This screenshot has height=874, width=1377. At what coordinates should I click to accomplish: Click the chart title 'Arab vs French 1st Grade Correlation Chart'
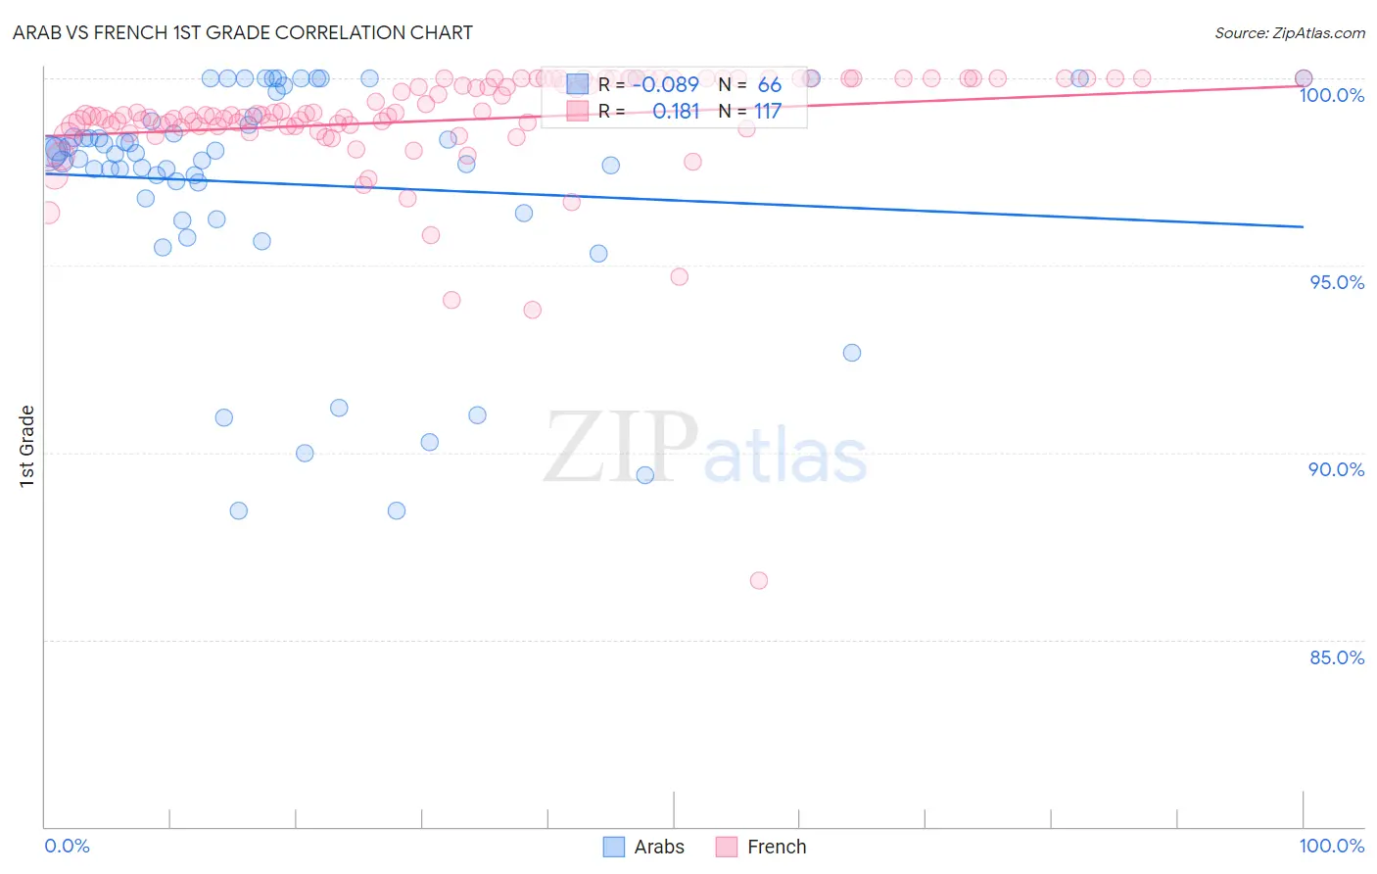[243, 32]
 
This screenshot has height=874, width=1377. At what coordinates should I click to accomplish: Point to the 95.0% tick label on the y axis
[1337, 282]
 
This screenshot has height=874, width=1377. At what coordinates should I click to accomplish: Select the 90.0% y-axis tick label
[1337, 469]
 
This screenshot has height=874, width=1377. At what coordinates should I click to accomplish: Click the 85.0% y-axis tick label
[1337, 657]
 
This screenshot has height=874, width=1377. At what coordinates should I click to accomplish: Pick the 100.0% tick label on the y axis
[1332, 95]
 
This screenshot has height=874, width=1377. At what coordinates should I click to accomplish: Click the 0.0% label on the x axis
[67, 846]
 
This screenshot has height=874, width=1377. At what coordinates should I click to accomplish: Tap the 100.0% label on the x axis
[1332, 846]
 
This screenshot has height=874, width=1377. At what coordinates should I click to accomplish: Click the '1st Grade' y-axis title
[27, 446]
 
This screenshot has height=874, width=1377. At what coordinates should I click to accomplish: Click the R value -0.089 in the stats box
[665, 84]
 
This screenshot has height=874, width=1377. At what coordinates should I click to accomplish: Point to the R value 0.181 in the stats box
[676, 112]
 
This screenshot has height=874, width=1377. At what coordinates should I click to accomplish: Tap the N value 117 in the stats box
[768, 112]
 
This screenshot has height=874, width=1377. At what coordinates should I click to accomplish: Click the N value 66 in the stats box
[769, 84]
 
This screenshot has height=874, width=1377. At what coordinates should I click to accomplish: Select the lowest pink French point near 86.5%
[758, 580]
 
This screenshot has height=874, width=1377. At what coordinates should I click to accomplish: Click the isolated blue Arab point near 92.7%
[852, 353]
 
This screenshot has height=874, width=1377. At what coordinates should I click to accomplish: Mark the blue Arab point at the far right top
[1304, 78]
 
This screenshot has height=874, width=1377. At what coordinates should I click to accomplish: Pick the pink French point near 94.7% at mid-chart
[680, 276]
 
